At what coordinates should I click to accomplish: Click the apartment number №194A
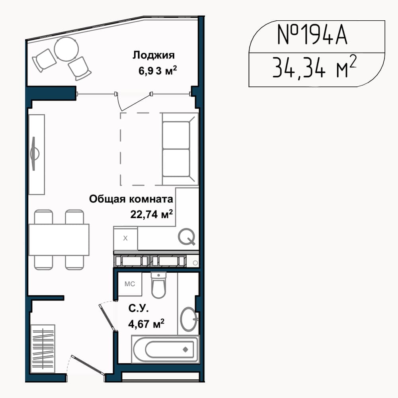pos(312,35)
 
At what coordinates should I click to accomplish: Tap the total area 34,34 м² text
pos(314,67)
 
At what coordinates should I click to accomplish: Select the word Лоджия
pos(154,55)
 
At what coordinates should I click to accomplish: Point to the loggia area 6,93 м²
pos(157,70)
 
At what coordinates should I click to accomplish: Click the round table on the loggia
pos(66,49)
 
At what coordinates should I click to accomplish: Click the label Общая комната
pos(131,199)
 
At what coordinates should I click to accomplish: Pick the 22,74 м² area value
pos(152,214)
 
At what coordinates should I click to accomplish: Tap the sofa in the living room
pos(180,149)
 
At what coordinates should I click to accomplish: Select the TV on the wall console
pos(34,154)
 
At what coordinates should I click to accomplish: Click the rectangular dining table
pos(59,240)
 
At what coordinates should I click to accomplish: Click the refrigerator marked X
pos(125,238)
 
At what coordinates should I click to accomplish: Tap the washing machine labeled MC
pos(130,284)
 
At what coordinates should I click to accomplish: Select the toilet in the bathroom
pos(158,285)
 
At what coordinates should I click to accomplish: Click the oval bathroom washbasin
pos(189,319)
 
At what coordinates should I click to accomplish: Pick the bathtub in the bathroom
pos(165,349)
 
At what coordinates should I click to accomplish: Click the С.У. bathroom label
pos(139,308)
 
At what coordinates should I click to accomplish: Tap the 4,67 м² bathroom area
pos(146,324)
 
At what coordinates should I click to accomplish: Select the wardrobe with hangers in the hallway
pos(43,348)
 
